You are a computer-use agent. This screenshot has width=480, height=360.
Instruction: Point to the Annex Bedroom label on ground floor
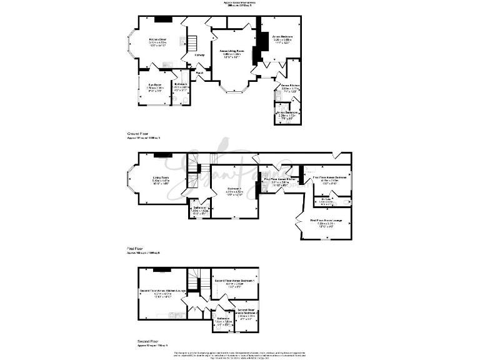[282, 37]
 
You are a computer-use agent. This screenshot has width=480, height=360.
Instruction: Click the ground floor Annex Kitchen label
[290, 85]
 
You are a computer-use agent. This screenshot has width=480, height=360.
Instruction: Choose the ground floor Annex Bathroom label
[287, 112]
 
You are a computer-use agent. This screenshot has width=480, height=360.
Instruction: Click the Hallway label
[199, 55]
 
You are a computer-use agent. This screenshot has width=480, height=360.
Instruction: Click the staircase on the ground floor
[192, 43]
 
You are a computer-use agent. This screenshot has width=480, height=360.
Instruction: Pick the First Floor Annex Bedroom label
[329, 177]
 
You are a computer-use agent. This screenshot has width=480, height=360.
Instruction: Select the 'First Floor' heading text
[135, 249]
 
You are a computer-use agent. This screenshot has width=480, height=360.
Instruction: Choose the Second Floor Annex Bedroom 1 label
[235, 281]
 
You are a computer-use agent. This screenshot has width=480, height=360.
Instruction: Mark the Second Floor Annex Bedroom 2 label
[246, 311]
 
